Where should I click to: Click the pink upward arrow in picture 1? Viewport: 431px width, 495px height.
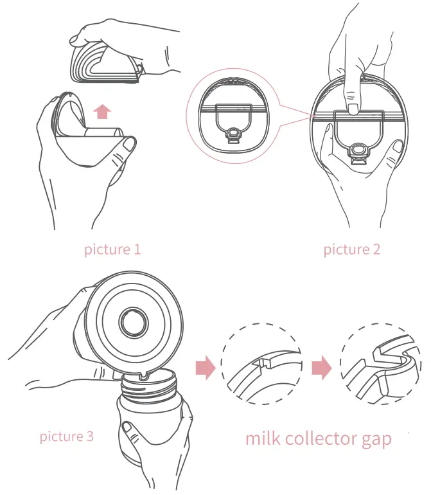101,113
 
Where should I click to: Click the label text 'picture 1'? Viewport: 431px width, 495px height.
112,249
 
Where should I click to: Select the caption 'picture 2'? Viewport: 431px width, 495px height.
351,249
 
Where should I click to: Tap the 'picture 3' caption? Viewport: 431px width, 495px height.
66,437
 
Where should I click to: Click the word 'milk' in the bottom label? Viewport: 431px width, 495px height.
264,439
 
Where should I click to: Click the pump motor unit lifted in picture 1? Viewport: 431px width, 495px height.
106,64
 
